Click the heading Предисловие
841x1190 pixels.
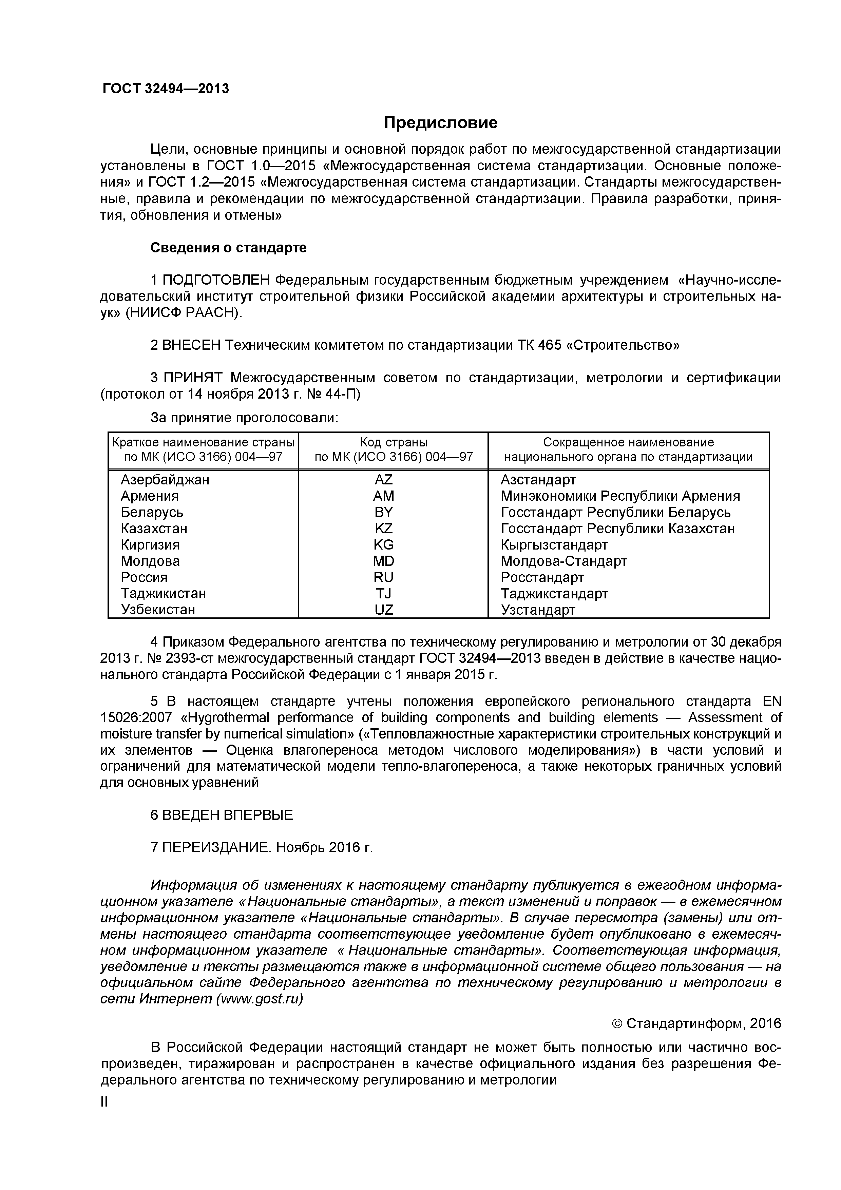click(x=440, y=123)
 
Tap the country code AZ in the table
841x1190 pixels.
click(x=383, y=479)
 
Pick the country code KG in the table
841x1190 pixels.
click(x=383, y=545)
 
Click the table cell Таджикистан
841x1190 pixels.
click(x=163, y=593)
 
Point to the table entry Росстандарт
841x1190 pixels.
click(x=542, y=577)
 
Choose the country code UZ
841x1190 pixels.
click(x=383, y=610)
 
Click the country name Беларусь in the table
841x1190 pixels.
click(x=152, y=512)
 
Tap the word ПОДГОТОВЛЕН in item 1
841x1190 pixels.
click(x=216, y=281)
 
